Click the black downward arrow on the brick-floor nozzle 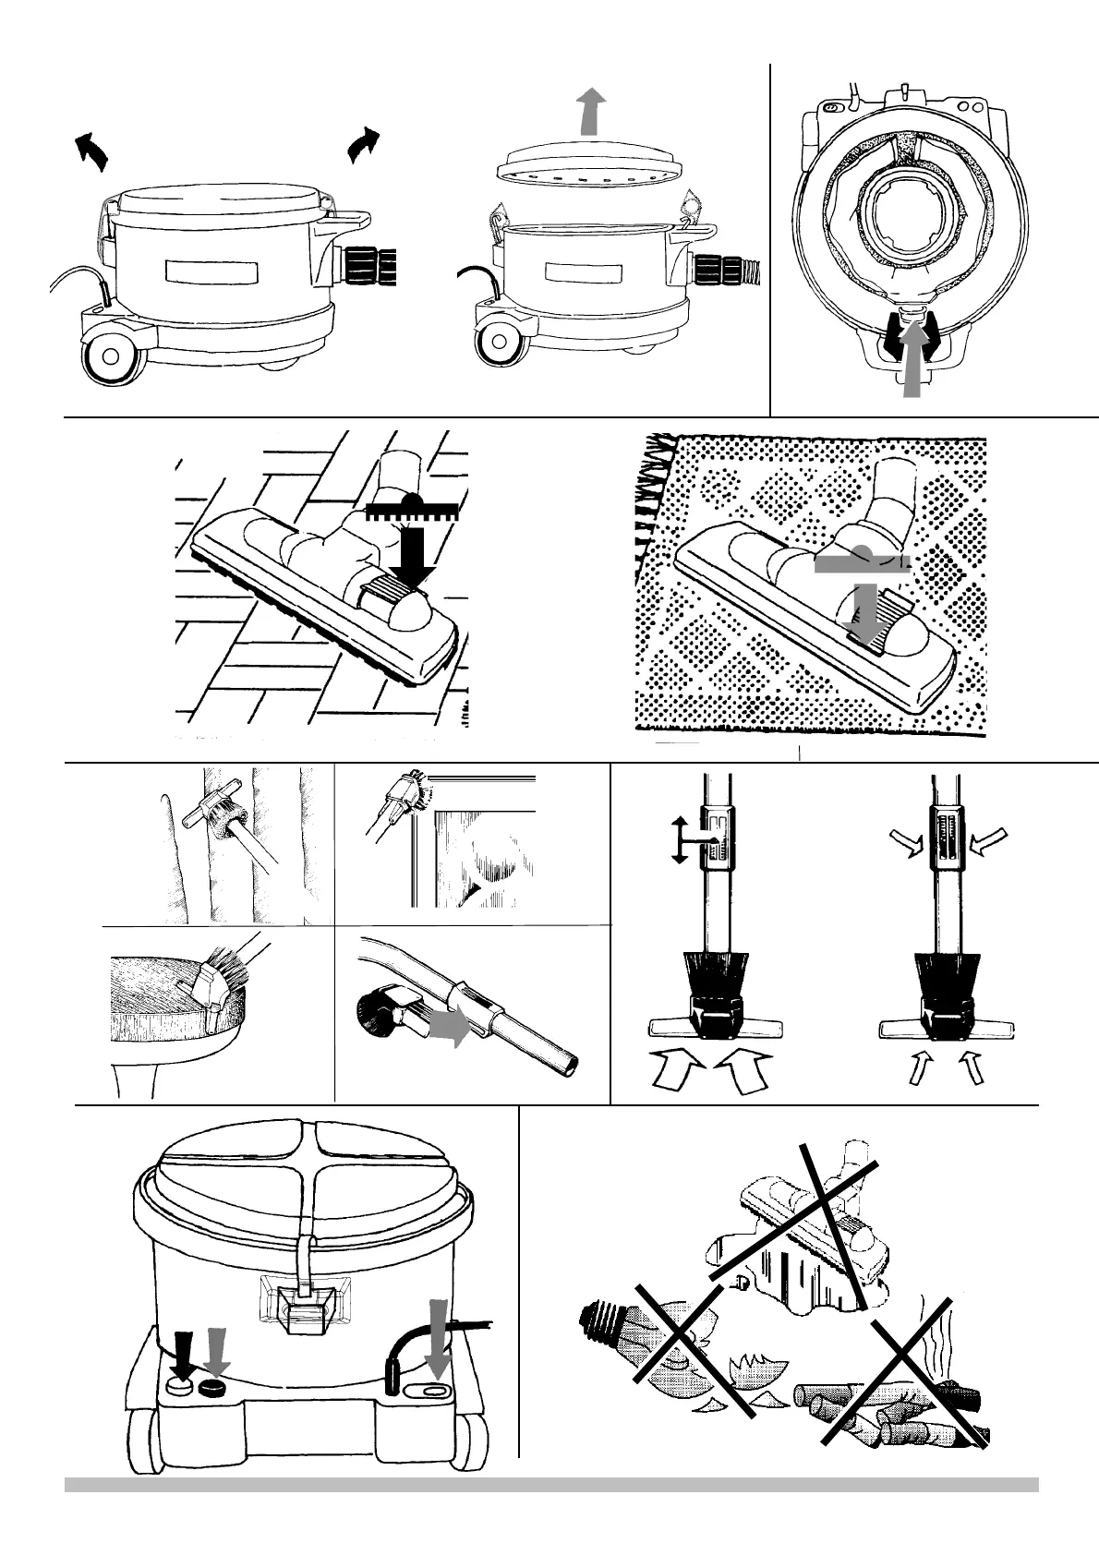pyautogui.click(x=405, y=555)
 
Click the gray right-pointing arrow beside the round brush pyautogui.click(x=448, y=1028)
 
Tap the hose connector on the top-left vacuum pyautogui.click(x=375, y=267)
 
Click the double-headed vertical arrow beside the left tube pyautogui.click(x=679, y=839)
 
